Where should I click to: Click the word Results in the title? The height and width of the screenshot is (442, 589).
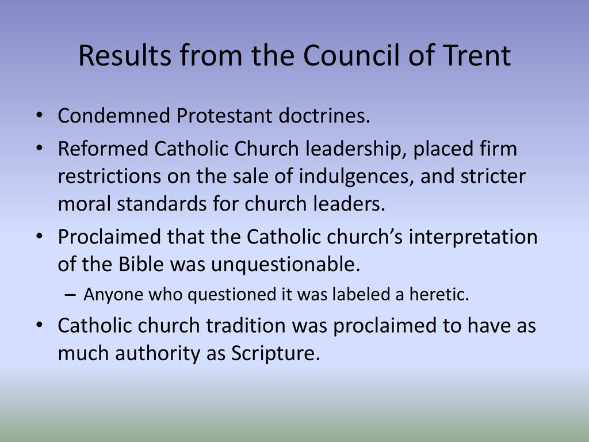coord(125,55)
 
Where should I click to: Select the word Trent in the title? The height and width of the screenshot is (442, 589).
coord(476,55)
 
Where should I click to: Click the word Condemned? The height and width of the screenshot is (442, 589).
coord(114,115)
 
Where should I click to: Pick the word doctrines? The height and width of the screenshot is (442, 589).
coord(324,115)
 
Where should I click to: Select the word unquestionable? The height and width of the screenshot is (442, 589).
coord(285,264)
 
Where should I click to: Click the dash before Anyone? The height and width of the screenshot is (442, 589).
coord(70,295)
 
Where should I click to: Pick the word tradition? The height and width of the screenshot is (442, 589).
coord(246,325)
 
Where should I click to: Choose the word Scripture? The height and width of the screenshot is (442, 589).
coord(276,354)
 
